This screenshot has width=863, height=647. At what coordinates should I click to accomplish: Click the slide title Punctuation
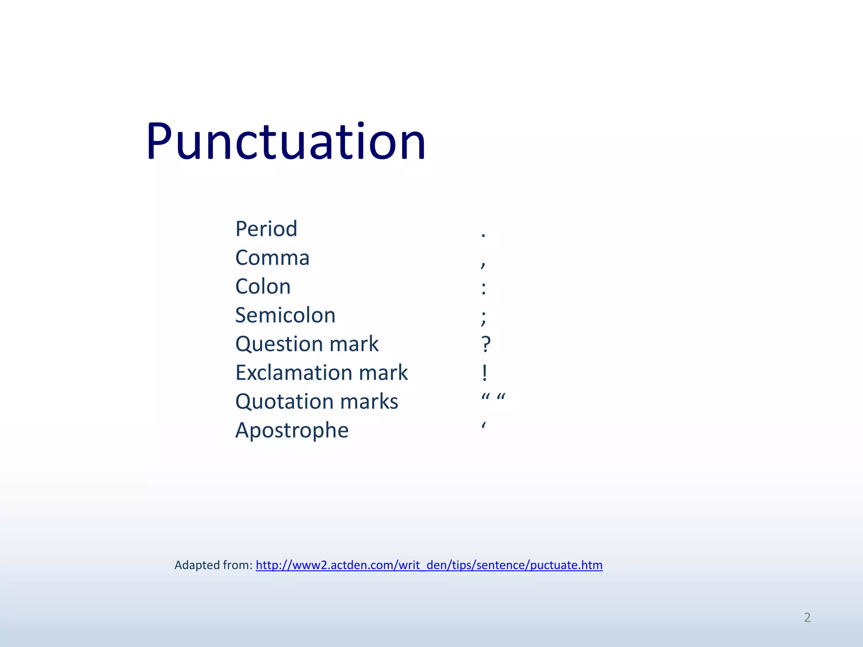click(x=286, y=142)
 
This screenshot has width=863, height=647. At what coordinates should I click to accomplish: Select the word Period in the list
click(x=266, y=229)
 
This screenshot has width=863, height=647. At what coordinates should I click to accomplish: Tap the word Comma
click(x=272, y=258)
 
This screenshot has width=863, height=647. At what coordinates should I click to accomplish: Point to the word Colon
click(x=263, y=287)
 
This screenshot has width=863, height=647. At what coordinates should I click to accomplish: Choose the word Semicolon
click(x=285, y=315)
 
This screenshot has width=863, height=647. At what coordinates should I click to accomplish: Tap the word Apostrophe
click(x=292, y=430)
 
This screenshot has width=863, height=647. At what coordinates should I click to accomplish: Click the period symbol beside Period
click(x=483, y=235)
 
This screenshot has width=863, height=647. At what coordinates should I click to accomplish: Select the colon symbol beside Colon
click(x=484, y=289)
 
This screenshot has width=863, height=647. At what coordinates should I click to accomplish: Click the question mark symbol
click(x=486, y=345)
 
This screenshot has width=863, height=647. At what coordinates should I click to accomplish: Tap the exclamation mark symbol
click(x=485, y=373)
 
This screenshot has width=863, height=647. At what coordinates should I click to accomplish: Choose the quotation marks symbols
click(x=493, y=397)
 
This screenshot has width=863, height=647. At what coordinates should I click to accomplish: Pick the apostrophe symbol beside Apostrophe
click(x=484, y=425)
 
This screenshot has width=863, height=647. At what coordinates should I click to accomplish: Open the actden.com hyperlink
click(x=429, y=565)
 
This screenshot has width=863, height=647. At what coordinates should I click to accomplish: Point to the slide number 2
click(x=807, y=618)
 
